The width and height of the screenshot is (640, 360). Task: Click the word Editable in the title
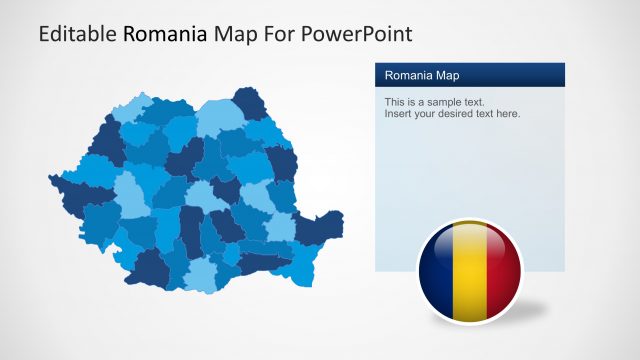(77, 35)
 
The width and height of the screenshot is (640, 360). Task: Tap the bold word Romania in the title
(166, 35)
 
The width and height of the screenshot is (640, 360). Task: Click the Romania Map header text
(422, 75)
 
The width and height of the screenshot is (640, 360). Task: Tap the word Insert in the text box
(399, 114)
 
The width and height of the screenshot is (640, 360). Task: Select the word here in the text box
(509, 114)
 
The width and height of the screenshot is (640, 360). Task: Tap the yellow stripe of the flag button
(469, 272)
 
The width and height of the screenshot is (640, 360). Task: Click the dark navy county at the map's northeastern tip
(248, 102)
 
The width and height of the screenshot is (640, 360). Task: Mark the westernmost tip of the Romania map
(50, 180)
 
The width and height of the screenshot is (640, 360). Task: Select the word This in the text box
(395, 102)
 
